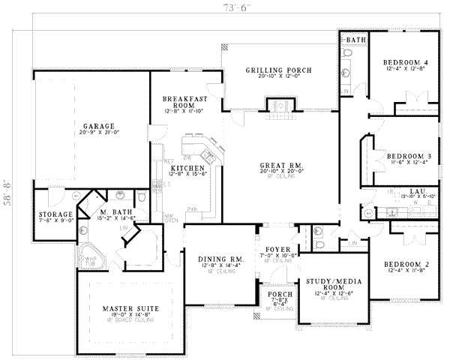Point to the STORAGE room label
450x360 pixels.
tap(55, 214)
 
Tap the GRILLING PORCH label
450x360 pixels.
tap(279, 70)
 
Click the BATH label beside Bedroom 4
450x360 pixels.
tap(355, 38)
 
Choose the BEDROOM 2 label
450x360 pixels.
tap(406, 265)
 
